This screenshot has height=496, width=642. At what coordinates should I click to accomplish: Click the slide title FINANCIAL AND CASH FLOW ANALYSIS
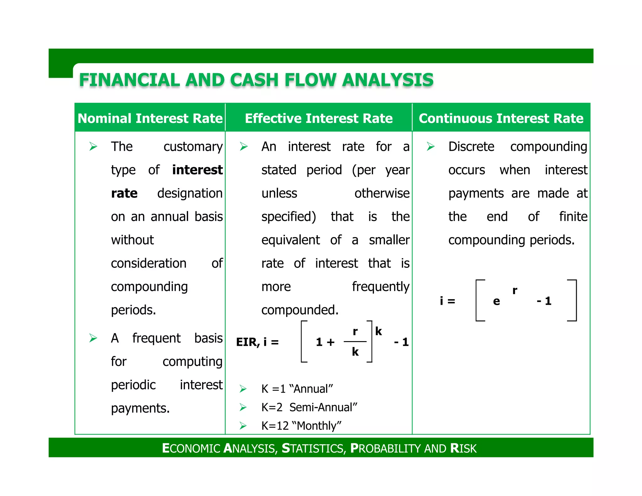point(256,80)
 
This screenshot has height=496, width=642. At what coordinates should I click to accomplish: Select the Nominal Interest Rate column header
point(150,119)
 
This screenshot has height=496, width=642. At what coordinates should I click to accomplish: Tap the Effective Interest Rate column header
point(318,119)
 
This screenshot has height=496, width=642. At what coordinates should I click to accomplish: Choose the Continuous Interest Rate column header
point(501,119)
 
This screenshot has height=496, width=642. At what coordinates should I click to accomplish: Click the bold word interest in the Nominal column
point(197,170)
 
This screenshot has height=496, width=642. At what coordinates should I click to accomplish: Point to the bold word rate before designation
point(124,193)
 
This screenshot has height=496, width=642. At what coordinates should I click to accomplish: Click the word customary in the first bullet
point(193,147)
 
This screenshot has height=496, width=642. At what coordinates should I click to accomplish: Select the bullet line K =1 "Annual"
point(297,389)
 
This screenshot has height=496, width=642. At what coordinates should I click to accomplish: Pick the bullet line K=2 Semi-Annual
point(309,407)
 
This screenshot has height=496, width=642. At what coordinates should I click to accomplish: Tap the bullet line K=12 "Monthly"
point(301,426)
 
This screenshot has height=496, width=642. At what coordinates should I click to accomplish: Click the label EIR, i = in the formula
point(257,342)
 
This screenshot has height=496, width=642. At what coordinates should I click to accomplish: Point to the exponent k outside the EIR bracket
point(378,331)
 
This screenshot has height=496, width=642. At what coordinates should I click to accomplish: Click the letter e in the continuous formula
point(496,301)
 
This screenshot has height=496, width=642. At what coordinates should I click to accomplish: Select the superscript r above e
point(514,290)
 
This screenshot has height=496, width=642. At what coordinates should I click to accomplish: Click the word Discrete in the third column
point(471,147)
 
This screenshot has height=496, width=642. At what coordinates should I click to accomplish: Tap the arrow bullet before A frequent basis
point(93,338)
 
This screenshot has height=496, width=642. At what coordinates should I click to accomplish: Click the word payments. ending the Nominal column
point(140,408)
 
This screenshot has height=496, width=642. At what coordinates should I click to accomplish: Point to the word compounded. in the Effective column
point(300,310)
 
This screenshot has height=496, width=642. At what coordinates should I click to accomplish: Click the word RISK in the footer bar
point(463,448)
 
